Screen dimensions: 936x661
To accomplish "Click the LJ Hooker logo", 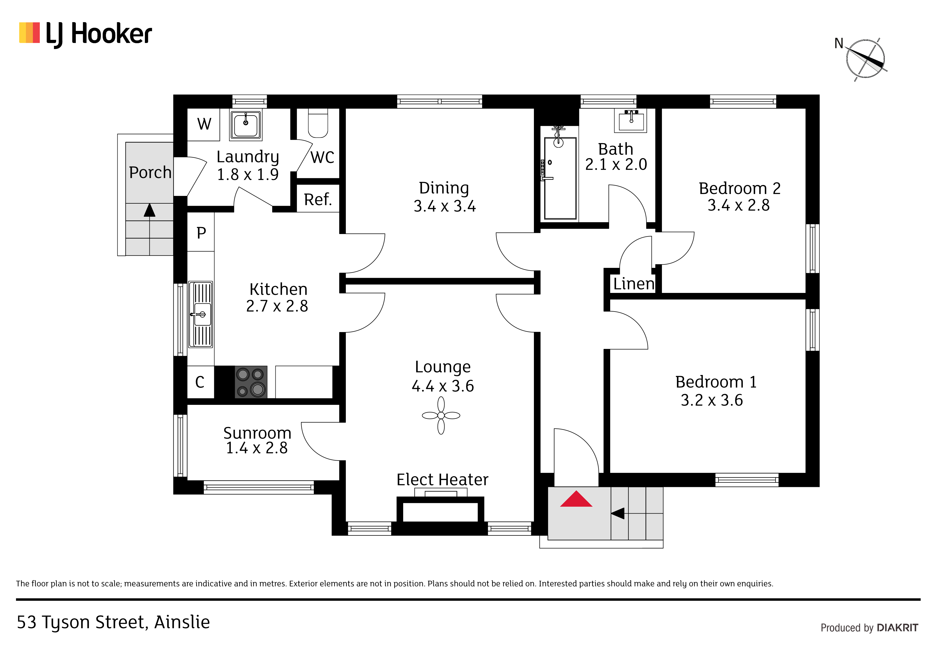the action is click(86, 34).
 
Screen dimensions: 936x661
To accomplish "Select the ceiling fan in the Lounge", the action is click(441, 416).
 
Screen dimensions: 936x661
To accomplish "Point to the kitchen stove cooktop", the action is click(251, 382).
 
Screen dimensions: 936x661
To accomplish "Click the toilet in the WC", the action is click(318, 123).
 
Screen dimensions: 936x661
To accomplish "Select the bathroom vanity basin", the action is click(631, 120).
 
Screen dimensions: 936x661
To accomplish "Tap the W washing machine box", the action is click(204, 124).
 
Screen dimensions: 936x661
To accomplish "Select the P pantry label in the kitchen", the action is click(201, 233).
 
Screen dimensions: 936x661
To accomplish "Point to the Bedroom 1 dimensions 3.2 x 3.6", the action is click(712, 400).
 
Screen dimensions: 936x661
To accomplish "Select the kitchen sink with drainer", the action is click(201, 315).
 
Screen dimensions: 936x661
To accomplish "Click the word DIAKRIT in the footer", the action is click(897, 628).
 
